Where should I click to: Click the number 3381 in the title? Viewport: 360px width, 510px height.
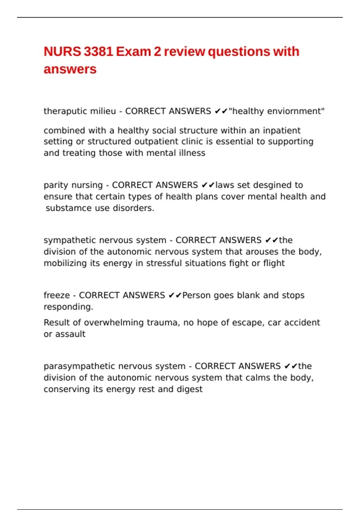[x=98, y=52]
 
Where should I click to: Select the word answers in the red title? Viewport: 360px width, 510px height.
[x=70, y=69]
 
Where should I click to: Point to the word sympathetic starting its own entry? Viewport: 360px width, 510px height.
[x=70, y=240]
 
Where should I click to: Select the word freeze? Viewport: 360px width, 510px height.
[x=56, y=295]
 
